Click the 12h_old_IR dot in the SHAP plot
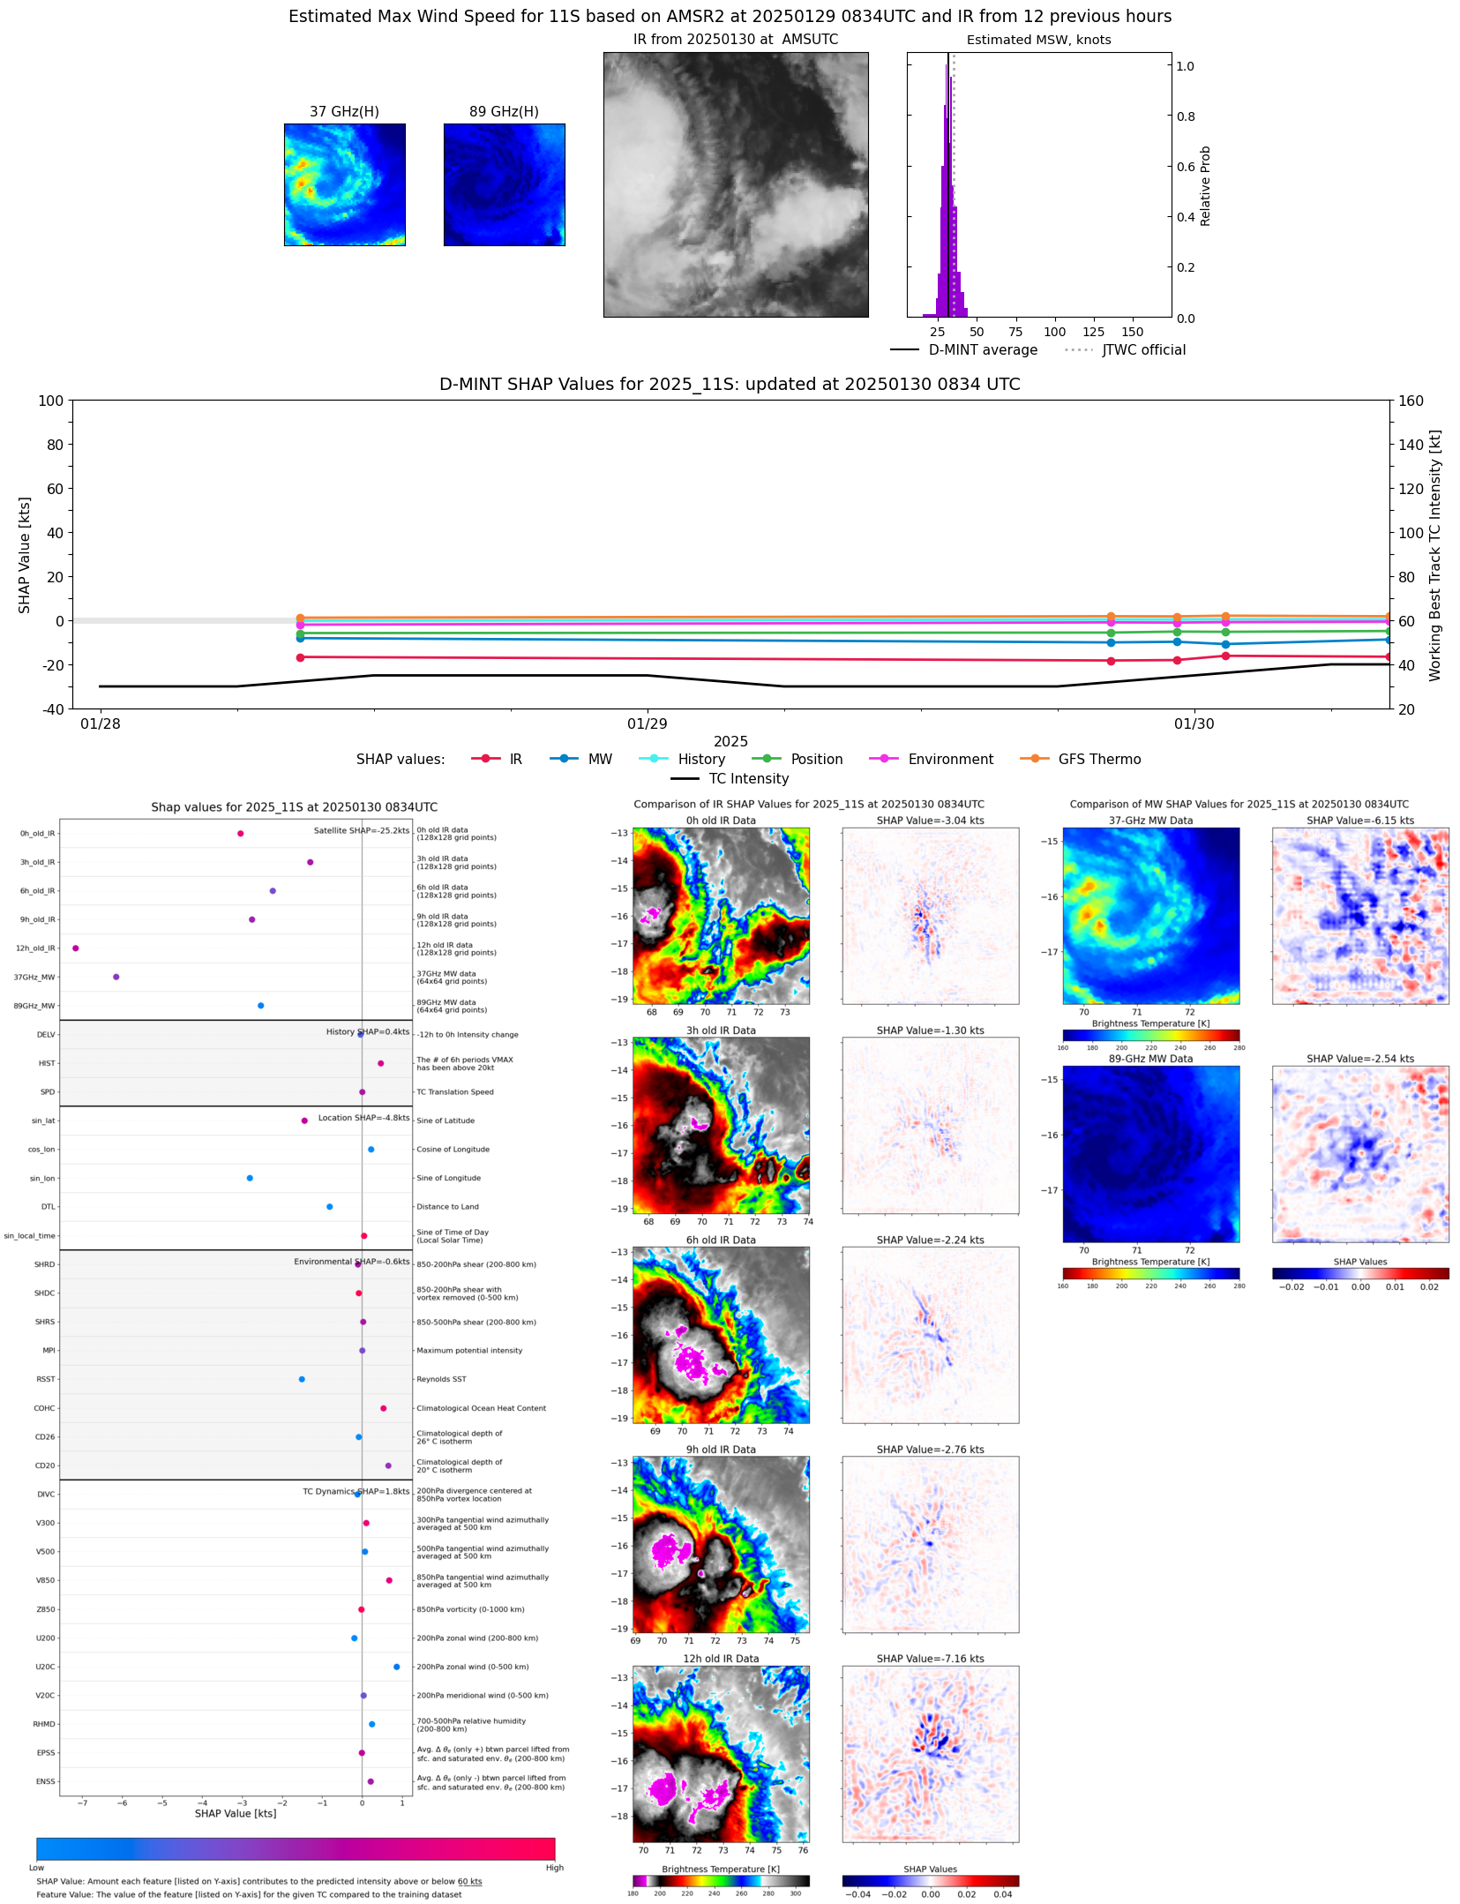(x=76, y=948)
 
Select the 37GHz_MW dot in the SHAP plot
(x=116, y=977)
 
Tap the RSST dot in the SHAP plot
(x=302, y=1379)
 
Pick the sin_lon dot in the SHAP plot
(x=250, y=1178)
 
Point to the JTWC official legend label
(x=1143, y=349)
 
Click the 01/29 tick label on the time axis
(x=647, y=723)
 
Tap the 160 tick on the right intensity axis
(x=1411, y=401)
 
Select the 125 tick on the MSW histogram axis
(x=1093, y=332)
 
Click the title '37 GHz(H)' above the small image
(x=344, y=111)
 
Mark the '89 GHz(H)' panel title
(x=504, y=111)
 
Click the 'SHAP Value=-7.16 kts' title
(x=930, y=1659)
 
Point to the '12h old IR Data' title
(x=721, y=1659)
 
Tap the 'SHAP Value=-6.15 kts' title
(x=1359, y=821)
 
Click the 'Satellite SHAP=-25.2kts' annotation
(x=361, y=830)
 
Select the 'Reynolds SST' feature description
(x=441, y=1379)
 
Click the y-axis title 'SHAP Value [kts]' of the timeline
(x=25, y=555)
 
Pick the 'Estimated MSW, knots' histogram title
(x=1038, y=40)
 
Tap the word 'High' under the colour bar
(x=554, y=1867)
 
